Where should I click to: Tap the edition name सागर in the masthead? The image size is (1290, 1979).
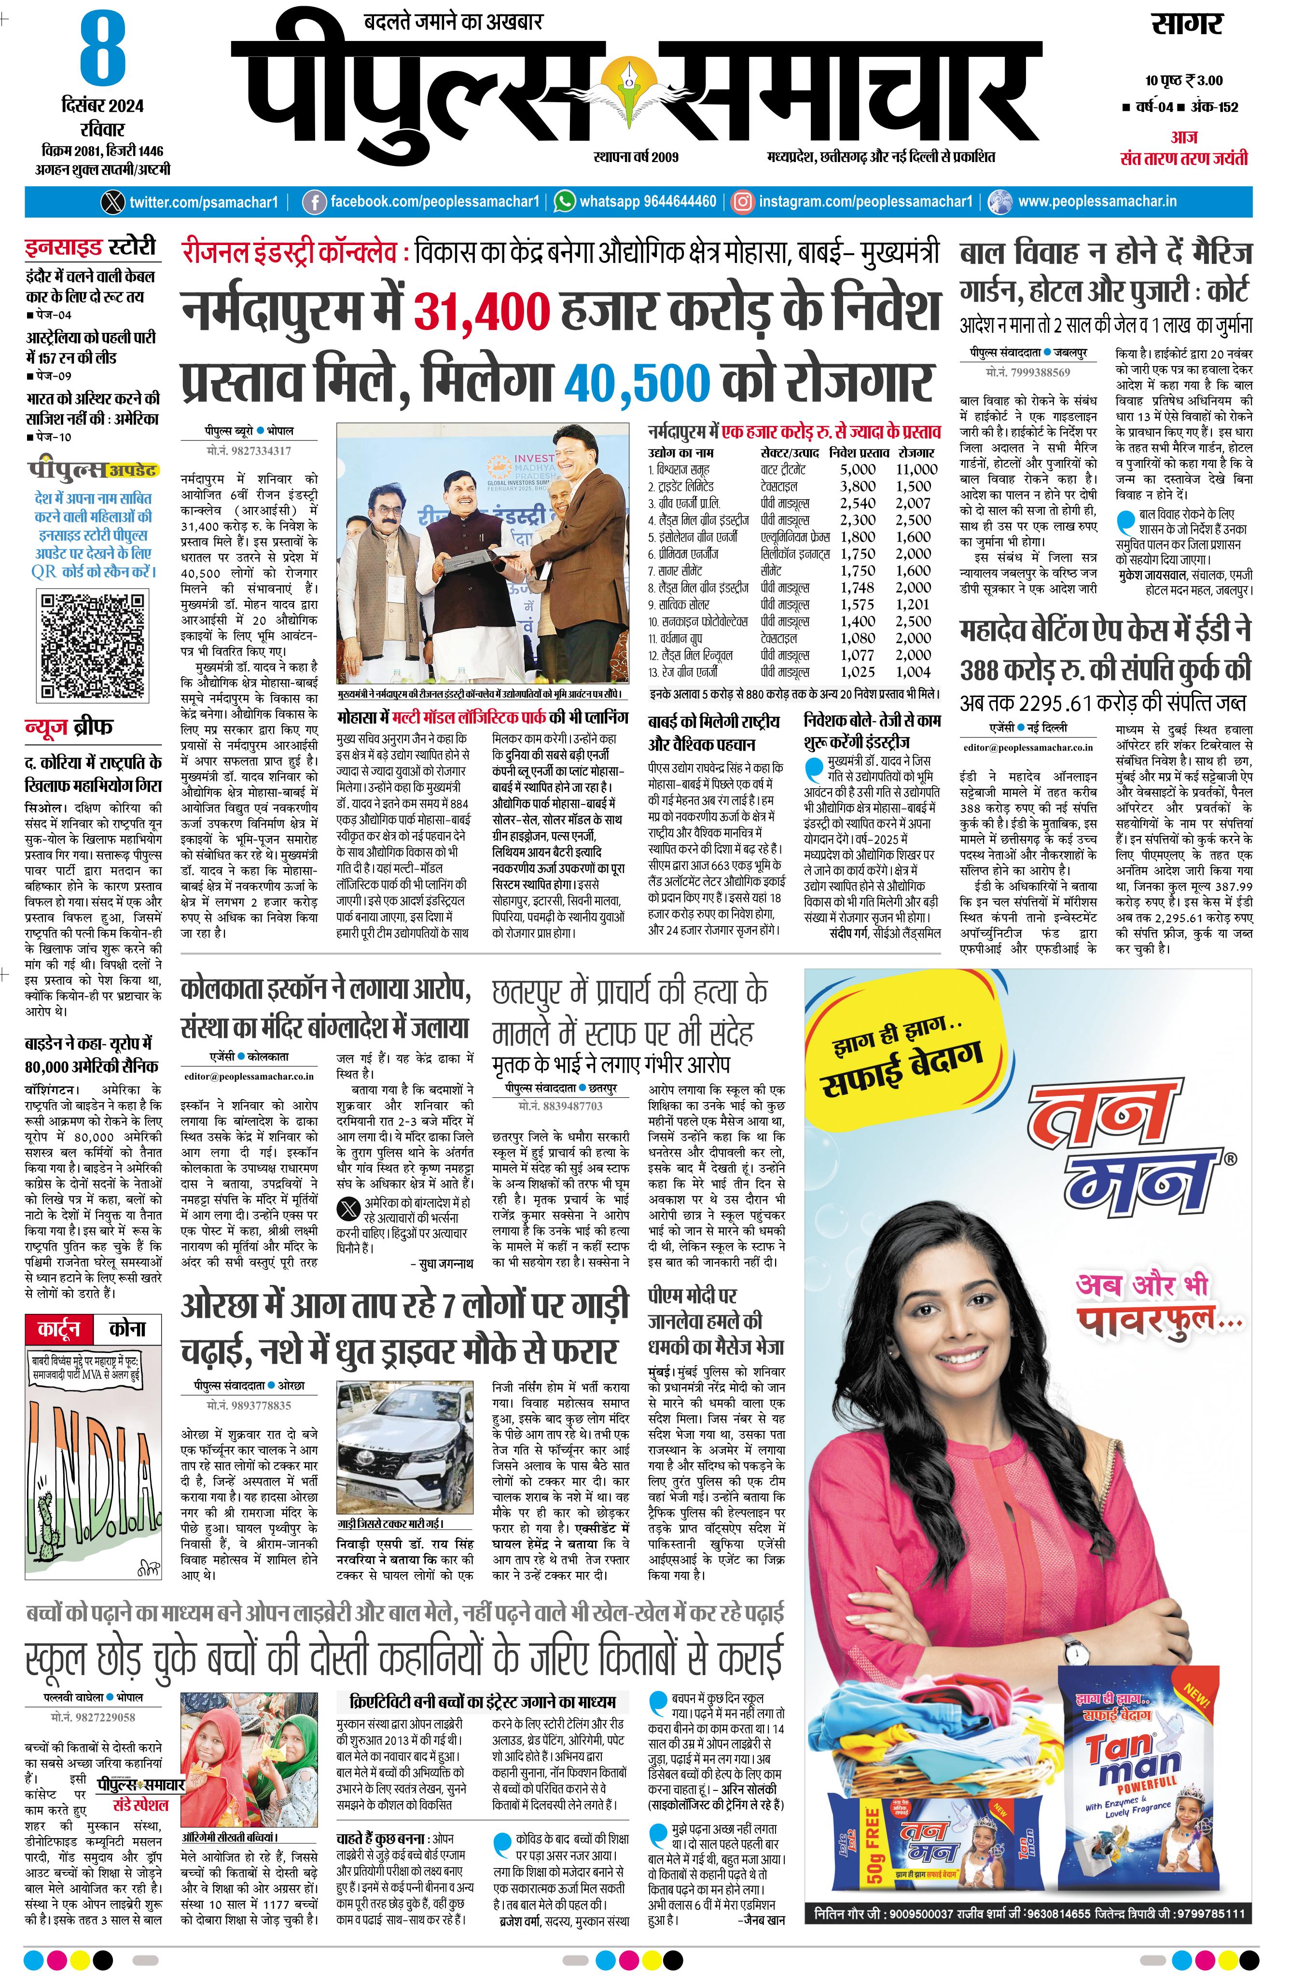coord(1186,25)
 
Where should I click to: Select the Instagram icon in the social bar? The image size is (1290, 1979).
coord(743,201)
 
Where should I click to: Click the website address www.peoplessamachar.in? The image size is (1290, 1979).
coord(1097,201)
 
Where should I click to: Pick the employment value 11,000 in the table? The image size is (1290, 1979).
coord(916,469)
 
